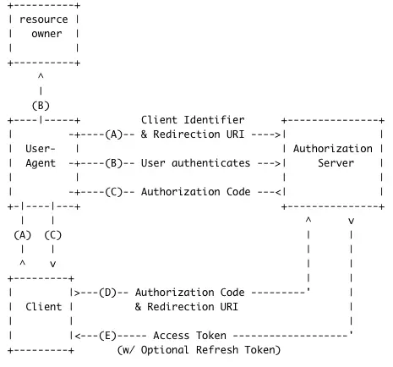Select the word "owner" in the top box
coord(47,34)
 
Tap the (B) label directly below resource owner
coord(41,106)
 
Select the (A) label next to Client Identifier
coord(116,134)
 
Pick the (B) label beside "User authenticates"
coord(116,162)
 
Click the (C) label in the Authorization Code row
coord(116,192)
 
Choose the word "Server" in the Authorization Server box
coord(336,162)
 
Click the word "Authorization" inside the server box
coord(336,148)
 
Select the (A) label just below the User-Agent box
coord(24,234)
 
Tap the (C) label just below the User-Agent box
coord(52,234)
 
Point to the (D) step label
coord(108,292)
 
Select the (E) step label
coord(108,335)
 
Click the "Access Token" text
coord(187,335)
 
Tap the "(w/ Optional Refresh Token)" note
coord(199,349)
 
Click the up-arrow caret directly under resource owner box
coord(41,76)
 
